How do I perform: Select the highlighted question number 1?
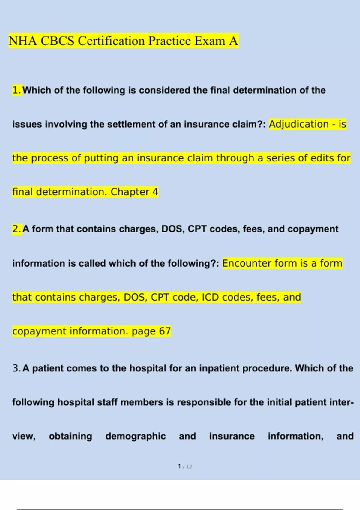(17, 90)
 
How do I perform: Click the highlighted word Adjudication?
(299, 124)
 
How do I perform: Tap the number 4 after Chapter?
(155, 192)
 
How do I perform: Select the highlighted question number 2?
(17, 229)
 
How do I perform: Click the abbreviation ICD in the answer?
(210, 297)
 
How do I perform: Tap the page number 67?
(165, 331)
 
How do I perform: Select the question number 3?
(16, 368)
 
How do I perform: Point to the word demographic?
(135, 436)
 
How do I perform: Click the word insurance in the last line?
(232, 436)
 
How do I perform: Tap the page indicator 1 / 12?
(185, 466)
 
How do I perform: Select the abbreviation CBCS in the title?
(57, 41)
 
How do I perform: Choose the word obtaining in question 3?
(70, 436)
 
